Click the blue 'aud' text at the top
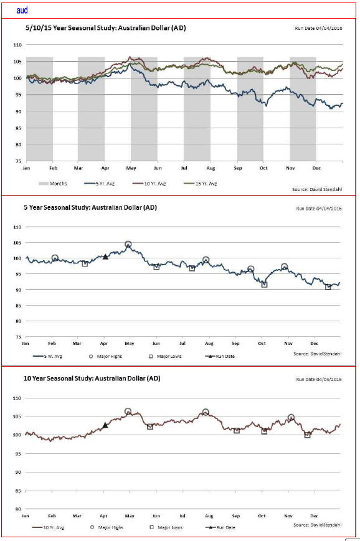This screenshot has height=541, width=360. coord(22,11)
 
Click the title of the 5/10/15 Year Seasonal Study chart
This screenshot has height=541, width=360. coord(106,28)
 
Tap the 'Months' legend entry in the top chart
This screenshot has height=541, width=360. coord(53,184)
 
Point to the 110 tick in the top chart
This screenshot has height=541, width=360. coord(17,45)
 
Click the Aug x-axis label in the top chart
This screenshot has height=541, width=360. coord(211,168)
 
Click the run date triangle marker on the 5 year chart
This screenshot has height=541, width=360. coord(106,256)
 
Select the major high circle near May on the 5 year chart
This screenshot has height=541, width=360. coord(128,244)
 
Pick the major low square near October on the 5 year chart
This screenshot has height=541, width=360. coord(264,285)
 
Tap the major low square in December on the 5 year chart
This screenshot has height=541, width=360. coord(328,287)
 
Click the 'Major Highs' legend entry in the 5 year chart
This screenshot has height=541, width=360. coord(106,356)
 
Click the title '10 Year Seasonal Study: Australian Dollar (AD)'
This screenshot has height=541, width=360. coord(92,379)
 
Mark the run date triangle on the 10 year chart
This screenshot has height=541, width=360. coord(105,425)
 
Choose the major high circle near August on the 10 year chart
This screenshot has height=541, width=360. coord(206,412)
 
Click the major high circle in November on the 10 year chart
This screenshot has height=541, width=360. coord(291,418)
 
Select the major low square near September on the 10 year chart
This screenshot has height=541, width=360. coord(237,430)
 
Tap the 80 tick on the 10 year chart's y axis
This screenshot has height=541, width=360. coord(18,509)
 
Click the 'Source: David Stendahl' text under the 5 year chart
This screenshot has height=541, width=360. coord(318,354)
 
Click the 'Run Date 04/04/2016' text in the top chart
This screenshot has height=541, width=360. coord(318,28)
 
